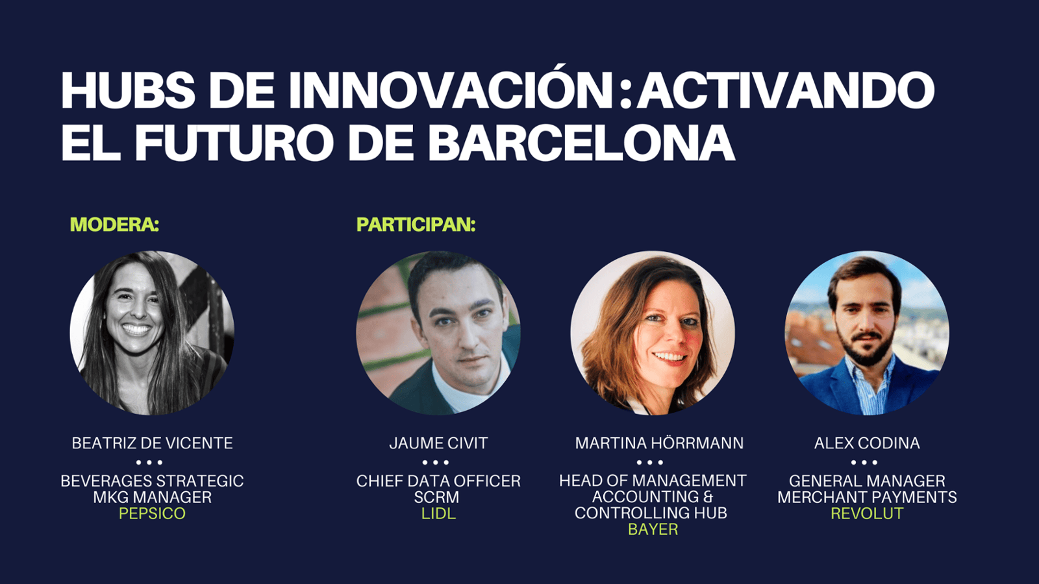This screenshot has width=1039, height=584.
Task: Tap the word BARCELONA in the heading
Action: tap(581, 141)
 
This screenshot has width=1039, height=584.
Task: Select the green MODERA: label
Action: tap(114, 225)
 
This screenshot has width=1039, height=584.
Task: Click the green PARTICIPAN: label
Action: tap(416, 225)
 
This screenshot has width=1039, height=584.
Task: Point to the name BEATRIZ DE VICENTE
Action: tap(152, 443)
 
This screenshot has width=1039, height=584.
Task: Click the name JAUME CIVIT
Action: tap(438, 443)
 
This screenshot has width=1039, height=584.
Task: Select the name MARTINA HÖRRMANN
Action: tap(659, 443)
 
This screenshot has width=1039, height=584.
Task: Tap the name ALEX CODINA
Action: tap(867, 443)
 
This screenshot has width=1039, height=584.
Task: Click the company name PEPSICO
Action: tap(152, 513)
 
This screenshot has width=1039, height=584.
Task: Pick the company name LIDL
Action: tap(438, 513)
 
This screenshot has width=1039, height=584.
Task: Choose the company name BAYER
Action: tap(653, 529)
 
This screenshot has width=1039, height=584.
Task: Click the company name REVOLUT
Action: tap(867, 513)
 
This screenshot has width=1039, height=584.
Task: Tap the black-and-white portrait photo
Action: tap(152, 333)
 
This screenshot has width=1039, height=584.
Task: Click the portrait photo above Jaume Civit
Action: tap(438, 333)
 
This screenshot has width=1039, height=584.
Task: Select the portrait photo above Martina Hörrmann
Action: tap(653, 333)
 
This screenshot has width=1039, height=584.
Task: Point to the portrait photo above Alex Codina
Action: tap(867, 333)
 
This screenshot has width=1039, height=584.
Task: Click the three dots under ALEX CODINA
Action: tap(864, 462)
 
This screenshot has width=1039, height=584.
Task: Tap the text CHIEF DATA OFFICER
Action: tap(438, 481)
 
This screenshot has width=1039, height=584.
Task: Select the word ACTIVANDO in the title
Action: tap(785, 90)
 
